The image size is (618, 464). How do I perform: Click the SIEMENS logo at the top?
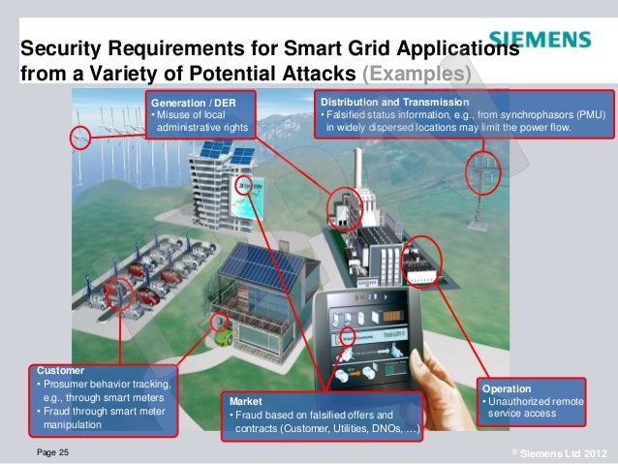540,40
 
